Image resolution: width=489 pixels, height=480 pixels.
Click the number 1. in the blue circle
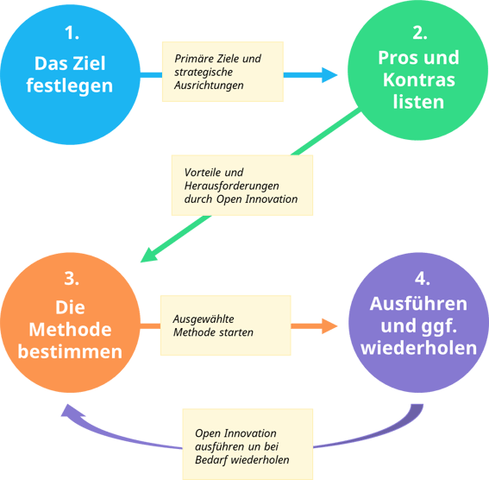[72, 34]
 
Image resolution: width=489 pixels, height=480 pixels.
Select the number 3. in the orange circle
[72, 279]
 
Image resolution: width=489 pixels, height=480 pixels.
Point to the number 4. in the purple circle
[420, 279]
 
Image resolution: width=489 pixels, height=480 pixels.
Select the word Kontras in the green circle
[420, 80]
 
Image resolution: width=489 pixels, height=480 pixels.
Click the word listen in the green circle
[420, 102]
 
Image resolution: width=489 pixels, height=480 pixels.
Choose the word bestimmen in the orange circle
[72, 352]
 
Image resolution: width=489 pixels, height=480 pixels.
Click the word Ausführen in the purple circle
[419, 304]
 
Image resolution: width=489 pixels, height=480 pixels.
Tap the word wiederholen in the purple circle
[419, 349]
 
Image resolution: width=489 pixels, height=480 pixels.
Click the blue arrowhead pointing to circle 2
[328, 74]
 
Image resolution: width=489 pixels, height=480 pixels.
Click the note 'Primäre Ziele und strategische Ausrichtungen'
[223, 73]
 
